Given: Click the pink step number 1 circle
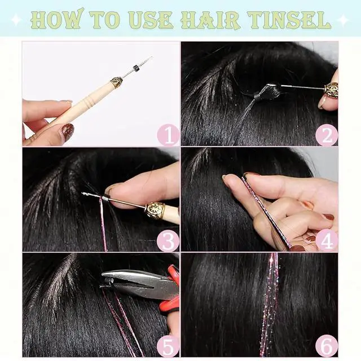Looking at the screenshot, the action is click(168, 135).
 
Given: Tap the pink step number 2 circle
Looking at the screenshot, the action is click(327, 135).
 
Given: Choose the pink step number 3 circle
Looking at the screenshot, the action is click(168, 241).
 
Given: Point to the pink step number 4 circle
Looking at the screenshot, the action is click(327, 241).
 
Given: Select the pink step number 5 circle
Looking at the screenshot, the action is click(168, 346).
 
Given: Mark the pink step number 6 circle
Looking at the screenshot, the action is click(327, 346).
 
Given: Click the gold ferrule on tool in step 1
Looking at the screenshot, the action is click(116, 82).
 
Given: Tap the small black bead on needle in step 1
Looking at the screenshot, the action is click(137, 68).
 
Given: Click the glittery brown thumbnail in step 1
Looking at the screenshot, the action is click(68, 130).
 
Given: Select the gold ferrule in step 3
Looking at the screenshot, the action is click(155, 209).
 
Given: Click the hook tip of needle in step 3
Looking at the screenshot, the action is click(83, 194).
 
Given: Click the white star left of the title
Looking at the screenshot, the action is click(16, 20).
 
